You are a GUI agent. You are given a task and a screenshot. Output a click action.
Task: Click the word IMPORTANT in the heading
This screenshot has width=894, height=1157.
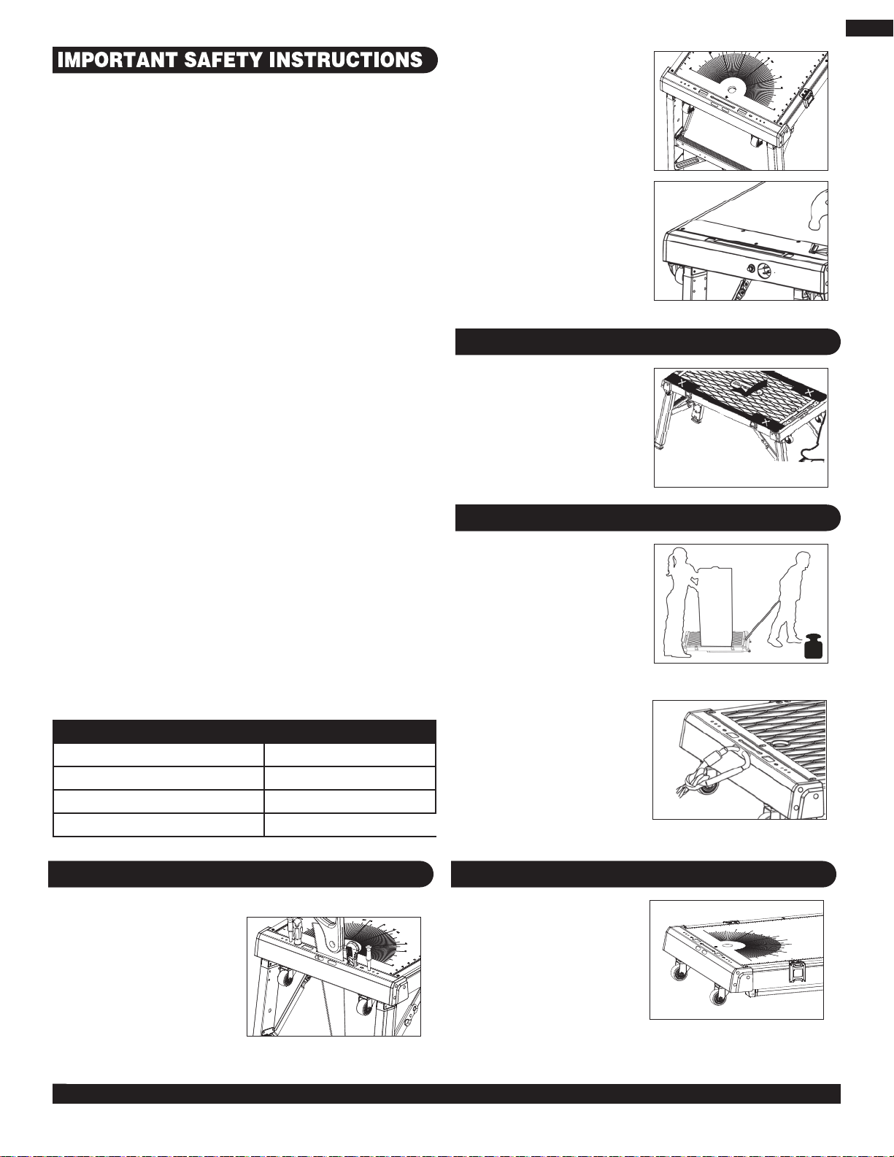(117, 60)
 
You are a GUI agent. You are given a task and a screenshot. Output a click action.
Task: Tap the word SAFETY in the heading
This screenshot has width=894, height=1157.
(223, 60)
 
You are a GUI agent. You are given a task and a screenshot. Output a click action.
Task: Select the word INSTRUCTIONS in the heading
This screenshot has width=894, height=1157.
(346, 60)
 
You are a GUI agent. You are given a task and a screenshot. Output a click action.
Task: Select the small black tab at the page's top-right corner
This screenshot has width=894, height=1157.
(869, 28)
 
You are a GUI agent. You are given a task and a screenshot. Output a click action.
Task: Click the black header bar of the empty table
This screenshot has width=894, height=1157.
(244, 731)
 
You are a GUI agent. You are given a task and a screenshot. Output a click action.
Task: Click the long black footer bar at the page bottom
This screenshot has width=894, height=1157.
(446, 1093)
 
